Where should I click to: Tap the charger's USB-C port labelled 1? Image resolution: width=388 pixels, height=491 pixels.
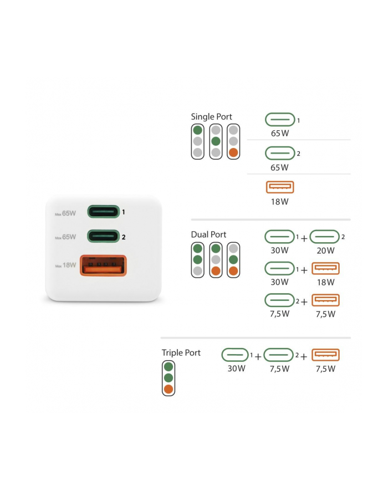[x=103, y=212]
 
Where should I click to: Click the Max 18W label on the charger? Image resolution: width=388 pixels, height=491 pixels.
[x=66, y=265]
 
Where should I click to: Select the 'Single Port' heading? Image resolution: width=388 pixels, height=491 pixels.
[x=211, y=117]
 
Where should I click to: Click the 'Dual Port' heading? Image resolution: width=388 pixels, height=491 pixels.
[x=208, y=234]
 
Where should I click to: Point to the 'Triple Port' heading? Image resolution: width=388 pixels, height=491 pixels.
[x=181, y=352]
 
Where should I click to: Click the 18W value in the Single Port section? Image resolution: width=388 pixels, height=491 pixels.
[x=280, y=202]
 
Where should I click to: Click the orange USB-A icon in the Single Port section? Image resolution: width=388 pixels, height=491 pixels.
[x=280, y=187]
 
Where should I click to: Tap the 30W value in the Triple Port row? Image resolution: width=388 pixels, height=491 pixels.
[x=236, y=369]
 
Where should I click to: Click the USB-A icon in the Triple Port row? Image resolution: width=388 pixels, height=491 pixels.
[x=325, y=355]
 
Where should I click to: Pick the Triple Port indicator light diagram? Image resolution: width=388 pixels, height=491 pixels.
[x=169, y=378]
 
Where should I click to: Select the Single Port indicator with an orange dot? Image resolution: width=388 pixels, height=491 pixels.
[x=234, y=141]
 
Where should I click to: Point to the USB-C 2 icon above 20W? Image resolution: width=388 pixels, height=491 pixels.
[x=324, y=237]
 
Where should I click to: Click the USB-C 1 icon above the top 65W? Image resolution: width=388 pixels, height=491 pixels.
[x=280, y=120]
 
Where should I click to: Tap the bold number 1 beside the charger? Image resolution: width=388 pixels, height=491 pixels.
[x=124, y=212]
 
